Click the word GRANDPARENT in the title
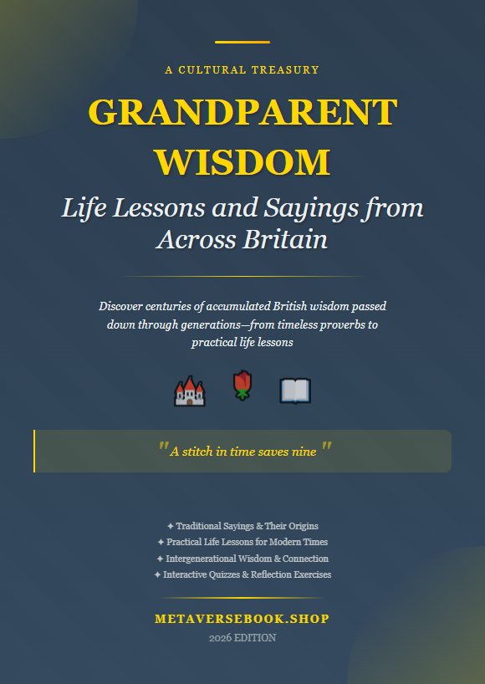click(242, 113)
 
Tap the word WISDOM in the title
click(242, 161)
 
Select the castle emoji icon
click(189, 390)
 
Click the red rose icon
click(242, 386)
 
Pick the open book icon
click(295, 390)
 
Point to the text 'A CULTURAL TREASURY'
click(242, 70)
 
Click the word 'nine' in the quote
click(304, 452)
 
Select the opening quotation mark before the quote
click(162, 449)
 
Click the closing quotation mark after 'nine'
click(326, 449)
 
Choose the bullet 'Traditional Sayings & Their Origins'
click(242, 526)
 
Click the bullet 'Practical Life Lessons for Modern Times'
click(242, 542)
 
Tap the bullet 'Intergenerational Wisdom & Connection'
click(242, 559)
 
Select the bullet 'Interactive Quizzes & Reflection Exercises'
click(242, 574)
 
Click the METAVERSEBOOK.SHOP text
click(242, 620)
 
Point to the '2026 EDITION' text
click(242, 638)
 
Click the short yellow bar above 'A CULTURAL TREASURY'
click(242, 42)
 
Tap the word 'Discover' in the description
click(122, 306)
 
